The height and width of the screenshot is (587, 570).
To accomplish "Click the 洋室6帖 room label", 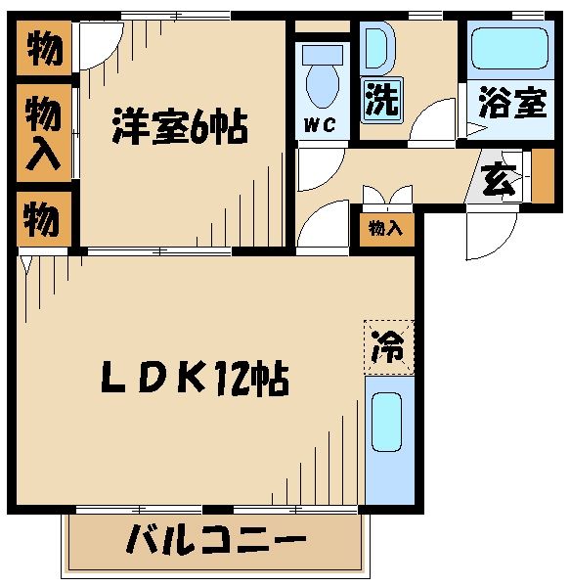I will pos(179,128).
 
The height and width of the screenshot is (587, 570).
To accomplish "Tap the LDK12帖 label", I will pos(196,378).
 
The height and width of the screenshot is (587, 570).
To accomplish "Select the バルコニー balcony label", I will pos(216,540).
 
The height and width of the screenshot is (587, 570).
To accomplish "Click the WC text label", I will pos(320,125).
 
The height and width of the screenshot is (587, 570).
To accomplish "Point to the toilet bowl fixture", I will pos(320,83).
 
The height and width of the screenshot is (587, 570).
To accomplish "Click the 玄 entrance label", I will pos(498,182).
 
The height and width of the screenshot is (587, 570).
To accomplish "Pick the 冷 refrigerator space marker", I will pos(388,345).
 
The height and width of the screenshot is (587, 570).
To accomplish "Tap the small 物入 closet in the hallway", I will pos(384,229).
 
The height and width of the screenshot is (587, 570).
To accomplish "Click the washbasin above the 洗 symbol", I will pos(377,49).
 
